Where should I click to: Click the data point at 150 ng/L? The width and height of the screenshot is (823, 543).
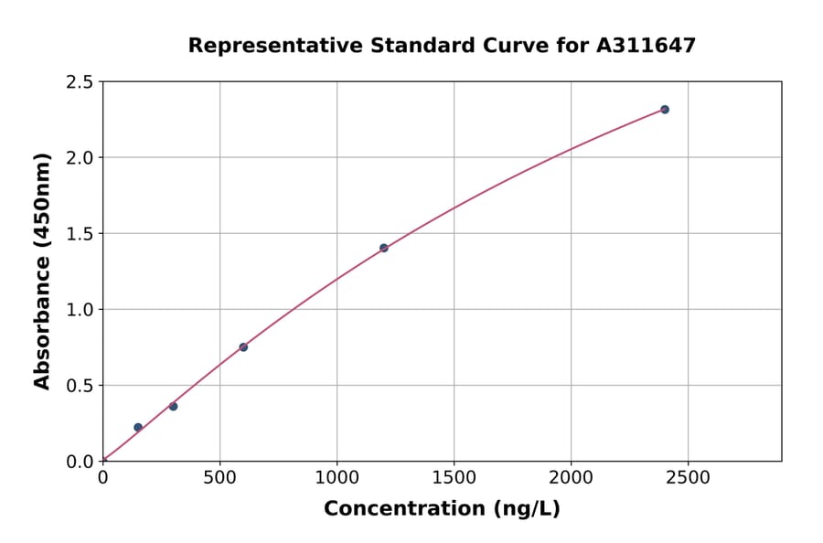tap(138, 427)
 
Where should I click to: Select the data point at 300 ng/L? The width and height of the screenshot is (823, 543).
tap(174, 406)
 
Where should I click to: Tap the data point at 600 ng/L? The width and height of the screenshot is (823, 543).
tap(243, 347)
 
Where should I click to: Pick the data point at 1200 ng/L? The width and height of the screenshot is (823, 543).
tap(384, 248)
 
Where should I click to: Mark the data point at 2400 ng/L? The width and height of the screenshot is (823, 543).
tap(665, 110)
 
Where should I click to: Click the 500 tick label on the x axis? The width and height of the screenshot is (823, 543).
tap(219, 478)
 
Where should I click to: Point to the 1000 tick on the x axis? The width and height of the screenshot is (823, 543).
tap(337, 478)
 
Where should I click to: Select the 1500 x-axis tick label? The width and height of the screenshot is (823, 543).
tap(454, 478)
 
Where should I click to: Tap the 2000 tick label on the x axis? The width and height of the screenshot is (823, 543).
tap(572, 478)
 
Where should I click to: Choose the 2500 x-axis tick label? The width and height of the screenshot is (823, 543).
tap(689, 478)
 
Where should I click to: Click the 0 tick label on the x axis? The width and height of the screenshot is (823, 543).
tap(102, 478)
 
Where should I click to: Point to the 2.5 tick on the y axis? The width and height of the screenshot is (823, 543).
tap(80, 82)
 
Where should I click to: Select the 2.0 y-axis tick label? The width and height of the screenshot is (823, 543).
tap(80, 158)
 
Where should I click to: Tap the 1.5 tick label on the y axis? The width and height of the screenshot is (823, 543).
tap(80, 234)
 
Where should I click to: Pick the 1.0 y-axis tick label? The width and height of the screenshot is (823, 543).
tap(80, 310)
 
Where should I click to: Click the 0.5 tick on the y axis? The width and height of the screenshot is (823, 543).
tap(80, 386)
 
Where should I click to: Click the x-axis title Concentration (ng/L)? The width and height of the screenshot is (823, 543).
tap(442, 508)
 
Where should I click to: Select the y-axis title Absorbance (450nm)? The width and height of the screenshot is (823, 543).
tap(42, 271)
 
